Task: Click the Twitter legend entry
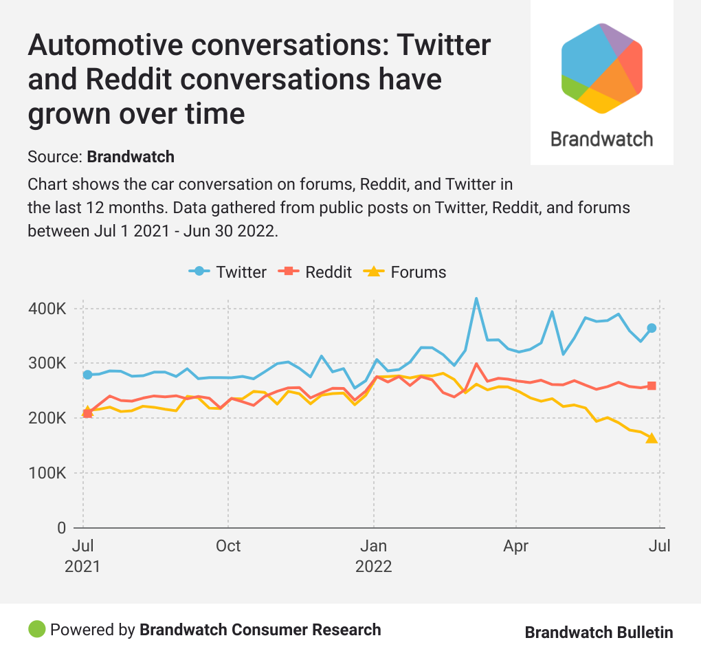(x=228, y=272)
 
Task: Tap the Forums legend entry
(x=405, y=272)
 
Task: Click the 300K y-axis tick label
(x=47, y=364)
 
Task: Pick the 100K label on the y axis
(x=47, y=474)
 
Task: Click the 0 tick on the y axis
(x=60, y=529)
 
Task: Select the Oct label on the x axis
(x=227, y=547)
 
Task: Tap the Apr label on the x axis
(x=515, y=547)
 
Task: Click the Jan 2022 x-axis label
(x=373, y=556)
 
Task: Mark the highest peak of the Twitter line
(x=476, y=298)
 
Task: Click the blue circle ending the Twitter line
(x=652, y=328)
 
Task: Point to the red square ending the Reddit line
(x=652, y=386)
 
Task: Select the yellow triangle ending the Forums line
(x=652, y=439)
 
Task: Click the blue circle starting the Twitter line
(x=87, y=375)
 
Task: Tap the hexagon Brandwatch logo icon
(x=601, y=68)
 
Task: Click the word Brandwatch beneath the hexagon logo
(x=601, y=139)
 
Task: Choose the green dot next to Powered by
(x=36, y=629)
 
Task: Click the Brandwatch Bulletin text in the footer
(x=599, y=632)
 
